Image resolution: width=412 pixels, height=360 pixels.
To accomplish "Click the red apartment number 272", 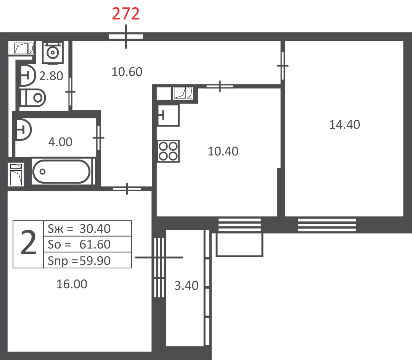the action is tap(126, 14).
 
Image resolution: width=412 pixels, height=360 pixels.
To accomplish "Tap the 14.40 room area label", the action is tap(344, 124).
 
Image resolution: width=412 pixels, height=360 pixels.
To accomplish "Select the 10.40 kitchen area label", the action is tap(223, 151).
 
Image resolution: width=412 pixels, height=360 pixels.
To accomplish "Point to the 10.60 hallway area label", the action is tap(127, 72).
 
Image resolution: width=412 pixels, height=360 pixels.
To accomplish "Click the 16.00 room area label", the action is tap(72, 284).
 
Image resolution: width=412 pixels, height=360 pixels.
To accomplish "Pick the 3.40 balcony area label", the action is tap(186, 286).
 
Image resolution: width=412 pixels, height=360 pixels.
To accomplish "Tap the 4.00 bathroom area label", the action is tap(60, 142).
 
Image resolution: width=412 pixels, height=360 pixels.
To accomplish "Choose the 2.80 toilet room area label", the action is tap(51, 76).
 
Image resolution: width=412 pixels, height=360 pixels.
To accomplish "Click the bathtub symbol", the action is tap(61, 171).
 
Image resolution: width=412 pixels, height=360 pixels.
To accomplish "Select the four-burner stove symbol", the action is tap(169, 151).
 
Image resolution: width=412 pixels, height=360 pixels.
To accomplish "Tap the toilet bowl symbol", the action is tap(33, 98).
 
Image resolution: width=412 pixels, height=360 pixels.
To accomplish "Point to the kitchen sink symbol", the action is tap(168, 115).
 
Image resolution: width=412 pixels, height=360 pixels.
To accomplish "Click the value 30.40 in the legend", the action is tap(95, 229).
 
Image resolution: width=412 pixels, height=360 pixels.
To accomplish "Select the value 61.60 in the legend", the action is tap(95, 244).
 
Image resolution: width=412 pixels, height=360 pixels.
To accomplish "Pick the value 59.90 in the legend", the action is tap(95, 261).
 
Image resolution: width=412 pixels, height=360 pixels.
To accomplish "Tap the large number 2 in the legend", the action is tap(28, 242).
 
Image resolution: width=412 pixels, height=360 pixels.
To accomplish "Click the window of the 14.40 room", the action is tap(327, 225).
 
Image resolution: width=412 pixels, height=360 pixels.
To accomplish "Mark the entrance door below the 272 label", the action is tap(126, 37).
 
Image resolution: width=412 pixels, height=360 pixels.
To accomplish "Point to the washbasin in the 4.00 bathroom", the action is tap(23, 130).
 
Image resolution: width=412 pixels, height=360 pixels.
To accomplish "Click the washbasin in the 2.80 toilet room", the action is tap(27, 76).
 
